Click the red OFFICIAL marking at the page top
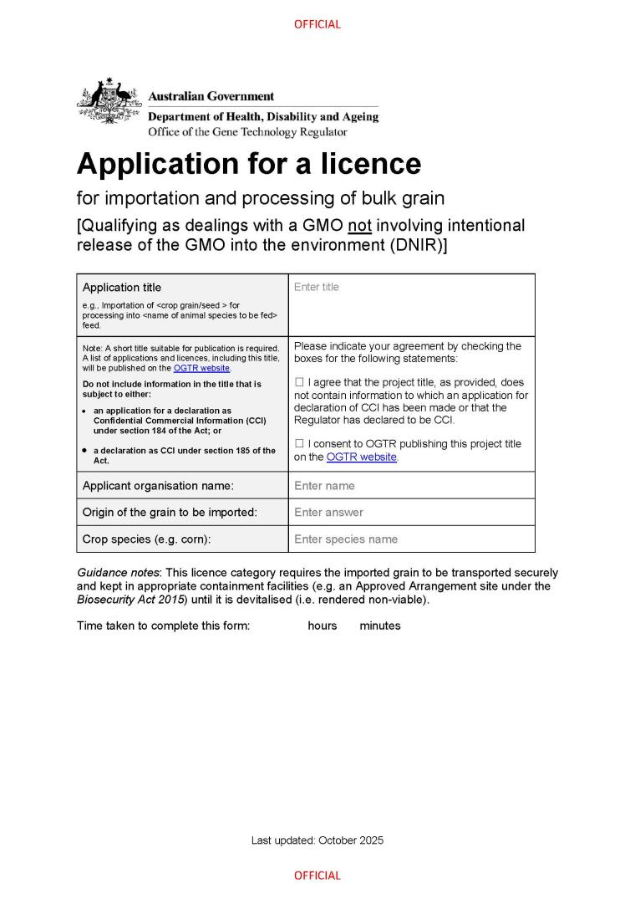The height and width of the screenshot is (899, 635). coord(317,24)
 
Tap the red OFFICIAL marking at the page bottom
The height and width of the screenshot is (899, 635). coord(317,876)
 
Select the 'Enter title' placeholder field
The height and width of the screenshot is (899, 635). coord(317,287)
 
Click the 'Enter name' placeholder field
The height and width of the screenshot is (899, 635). coord(324,486)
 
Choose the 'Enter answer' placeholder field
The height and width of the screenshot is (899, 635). coord(328,513)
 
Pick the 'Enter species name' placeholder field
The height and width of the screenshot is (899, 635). coord(346,539)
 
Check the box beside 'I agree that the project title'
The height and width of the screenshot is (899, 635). coord(299,382)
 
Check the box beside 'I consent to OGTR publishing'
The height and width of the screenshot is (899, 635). coord(299,443)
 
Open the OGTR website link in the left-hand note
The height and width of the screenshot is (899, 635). coord(201,368)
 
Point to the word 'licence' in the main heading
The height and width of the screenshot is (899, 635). coord(369,163)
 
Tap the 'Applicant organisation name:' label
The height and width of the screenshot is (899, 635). coord(158,486)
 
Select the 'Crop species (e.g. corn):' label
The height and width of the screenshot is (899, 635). coord(146,539)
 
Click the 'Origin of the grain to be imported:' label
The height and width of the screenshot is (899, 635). coord(170,513)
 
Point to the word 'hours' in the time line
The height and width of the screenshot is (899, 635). coord(323,626)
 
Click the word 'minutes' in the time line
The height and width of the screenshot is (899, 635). coord(380,626)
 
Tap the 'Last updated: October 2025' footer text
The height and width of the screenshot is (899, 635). coord(317,840)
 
